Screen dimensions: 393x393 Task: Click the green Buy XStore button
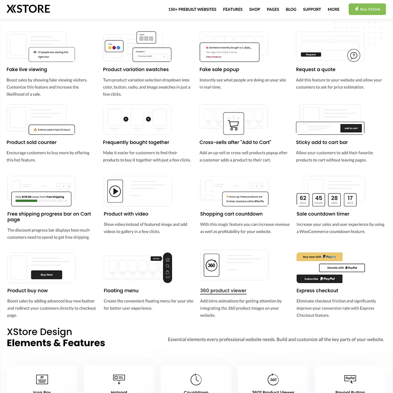point(367,9)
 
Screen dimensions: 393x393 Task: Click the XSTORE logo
point(28,9)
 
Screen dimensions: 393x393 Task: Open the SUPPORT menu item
point(312,9)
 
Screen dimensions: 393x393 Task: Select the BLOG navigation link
point(291,9)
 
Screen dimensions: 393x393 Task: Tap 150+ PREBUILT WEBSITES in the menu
point(192,9)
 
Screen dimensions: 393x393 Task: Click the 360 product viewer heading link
point(223,291)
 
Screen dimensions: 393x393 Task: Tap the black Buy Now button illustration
point(46,275)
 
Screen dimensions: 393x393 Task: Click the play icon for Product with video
point(115,191)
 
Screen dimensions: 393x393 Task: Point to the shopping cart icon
point(233,124)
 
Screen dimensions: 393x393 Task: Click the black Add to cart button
point(351,128)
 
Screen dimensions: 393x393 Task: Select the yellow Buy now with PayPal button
point(319,257)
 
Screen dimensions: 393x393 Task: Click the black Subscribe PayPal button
point(319,279)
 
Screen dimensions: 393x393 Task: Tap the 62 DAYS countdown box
point(303,199)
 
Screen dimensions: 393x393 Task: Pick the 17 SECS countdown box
point(350,199)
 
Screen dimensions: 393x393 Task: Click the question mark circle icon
point(354,55)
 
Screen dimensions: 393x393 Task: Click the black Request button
point(311,55)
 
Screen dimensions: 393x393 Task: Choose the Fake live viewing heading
point(27,69)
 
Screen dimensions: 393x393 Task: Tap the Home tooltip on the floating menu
point(156,258)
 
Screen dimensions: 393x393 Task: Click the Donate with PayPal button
point(342,268)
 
